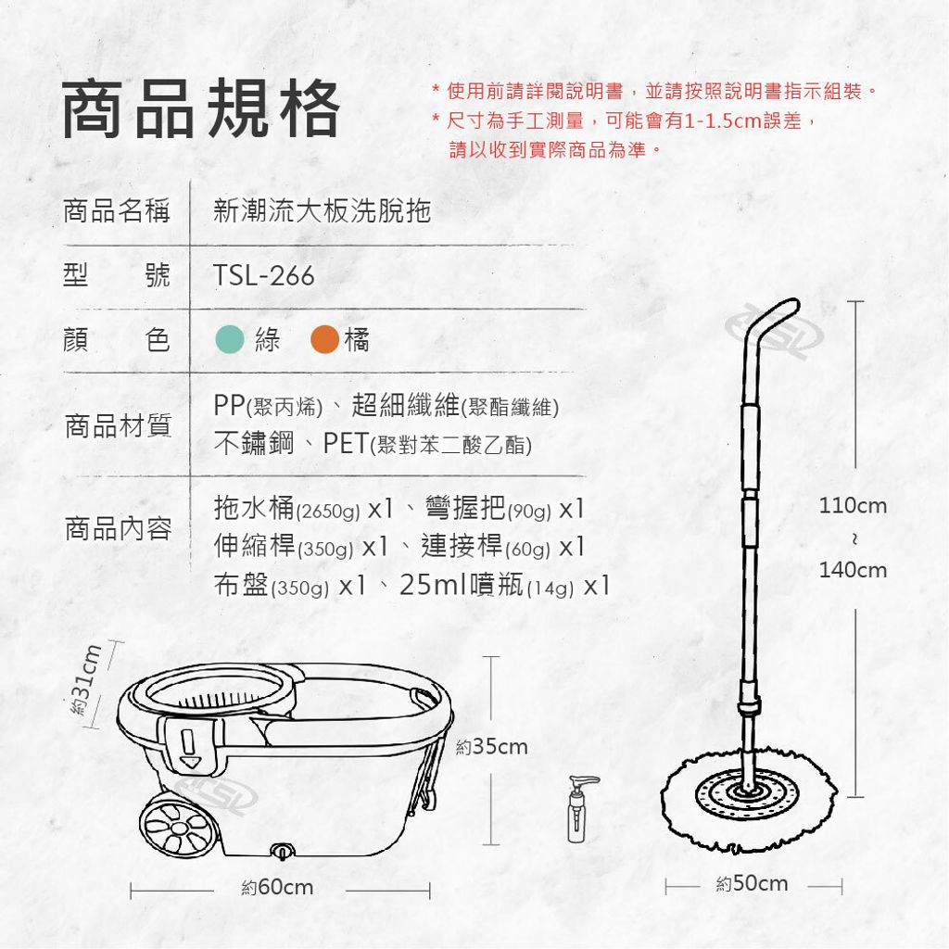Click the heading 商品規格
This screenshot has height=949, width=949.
(x=200, y=108)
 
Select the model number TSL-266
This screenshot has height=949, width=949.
(x=264, y=276)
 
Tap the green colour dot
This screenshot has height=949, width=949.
(x=230, y=339)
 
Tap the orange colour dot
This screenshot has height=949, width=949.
(x=324, y=339)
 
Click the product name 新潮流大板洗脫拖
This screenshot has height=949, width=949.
(x=322, y=210)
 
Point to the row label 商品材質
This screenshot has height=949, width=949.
(x=118, y=425)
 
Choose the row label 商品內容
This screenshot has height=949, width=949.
(x=118, y=528)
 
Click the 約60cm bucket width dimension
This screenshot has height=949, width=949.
(x=277, y=887)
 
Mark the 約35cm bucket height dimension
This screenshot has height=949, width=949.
(x=491, y=747)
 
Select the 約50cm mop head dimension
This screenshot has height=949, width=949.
(x=752, y=883)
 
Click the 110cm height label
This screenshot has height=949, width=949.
(x=853, y=505)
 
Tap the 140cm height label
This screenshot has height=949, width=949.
(x=853, y=570)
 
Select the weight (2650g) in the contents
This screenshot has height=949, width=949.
(x=328, y=512)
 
